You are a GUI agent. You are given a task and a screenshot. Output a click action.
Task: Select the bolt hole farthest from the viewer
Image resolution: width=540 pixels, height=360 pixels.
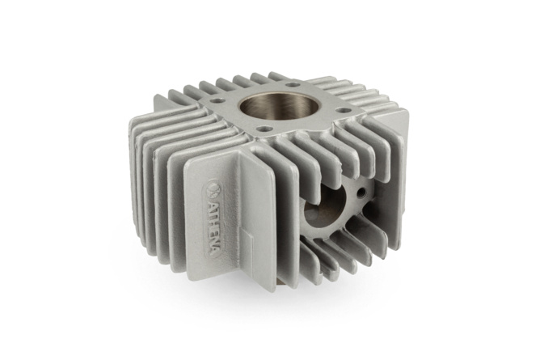293,84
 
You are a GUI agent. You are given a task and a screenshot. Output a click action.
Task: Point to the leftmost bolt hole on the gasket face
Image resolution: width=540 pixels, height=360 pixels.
215,101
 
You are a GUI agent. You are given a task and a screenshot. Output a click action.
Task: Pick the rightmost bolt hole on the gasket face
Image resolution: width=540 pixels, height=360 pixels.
342,110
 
